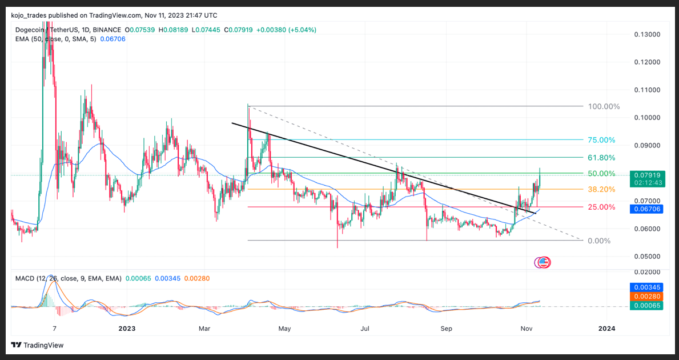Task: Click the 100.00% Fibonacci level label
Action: click(x=604, y=106)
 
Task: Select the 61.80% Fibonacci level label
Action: click(x=601, y=158)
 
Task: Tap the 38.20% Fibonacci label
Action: click(x=601, y=189)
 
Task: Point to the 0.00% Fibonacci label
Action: click(x=599, y=241)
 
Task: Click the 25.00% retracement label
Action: click(x=601, y=207)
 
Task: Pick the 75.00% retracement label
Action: click(x=601, y=140)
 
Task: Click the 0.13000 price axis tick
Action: click(x=647, y=34)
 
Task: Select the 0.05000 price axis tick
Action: click(x=647, y=257)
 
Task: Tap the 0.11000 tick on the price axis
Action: click(x=647, y=90)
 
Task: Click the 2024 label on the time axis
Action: click(x=606, y=329)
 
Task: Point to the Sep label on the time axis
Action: click(x=447, y=329)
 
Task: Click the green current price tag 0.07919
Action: click(x=647, y=174)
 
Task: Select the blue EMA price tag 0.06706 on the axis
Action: click(x=647, y=210)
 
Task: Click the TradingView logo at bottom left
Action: click(x=37, y=345)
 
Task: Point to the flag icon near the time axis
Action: click(x=543, y=263)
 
